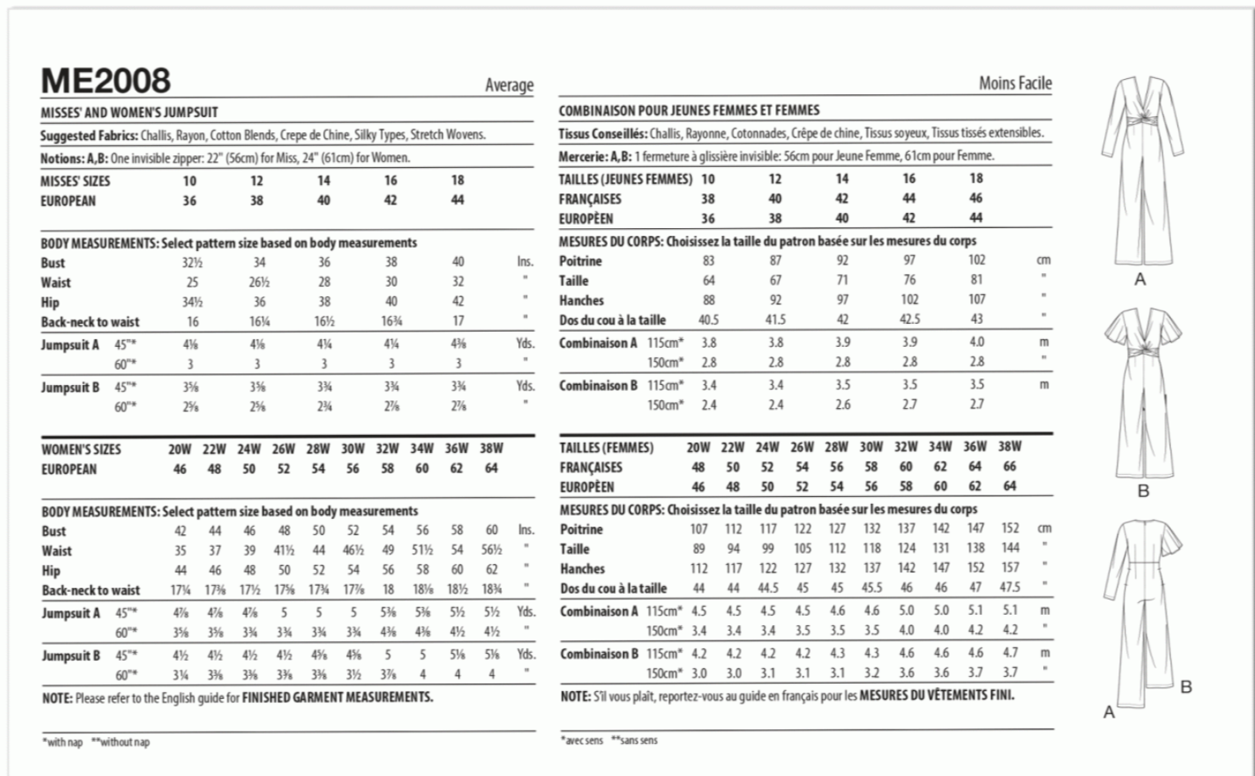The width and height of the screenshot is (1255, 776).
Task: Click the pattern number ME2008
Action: [105, 81]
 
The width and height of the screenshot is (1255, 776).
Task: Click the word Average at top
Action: [509, 85]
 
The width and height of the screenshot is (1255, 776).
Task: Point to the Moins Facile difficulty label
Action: [1014, 83]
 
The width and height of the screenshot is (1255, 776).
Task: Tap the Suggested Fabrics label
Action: [89, 135]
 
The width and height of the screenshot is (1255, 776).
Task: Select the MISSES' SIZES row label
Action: [75, 181]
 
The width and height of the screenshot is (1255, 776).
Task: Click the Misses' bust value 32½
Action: [192, 263]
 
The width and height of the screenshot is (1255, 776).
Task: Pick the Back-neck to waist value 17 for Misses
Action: [458, 321]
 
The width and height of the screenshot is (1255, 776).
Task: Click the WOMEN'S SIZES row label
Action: [81, 449]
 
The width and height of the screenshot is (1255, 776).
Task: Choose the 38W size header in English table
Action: [491, 449]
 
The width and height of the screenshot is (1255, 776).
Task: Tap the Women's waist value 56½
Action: [492, 550]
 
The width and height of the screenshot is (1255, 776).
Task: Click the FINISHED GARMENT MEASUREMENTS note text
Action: [337, 697]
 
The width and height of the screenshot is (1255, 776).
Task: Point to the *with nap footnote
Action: [63, 742]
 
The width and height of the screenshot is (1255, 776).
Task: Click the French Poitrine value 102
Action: [976, 260]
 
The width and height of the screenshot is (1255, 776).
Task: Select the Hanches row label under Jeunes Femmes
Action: [581, 300]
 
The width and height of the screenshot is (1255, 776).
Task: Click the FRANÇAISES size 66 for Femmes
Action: [1009, 466]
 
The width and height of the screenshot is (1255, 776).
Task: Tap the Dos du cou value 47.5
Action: [1009, 588]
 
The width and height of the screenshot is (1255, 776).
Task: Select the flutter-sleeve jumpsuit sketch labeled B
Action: [1141, 390]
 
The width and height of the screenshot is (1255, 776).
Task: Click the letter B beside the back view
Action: [1185, 687]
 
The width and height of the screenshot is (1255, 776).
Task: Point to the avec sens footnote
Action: [582, 740]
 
